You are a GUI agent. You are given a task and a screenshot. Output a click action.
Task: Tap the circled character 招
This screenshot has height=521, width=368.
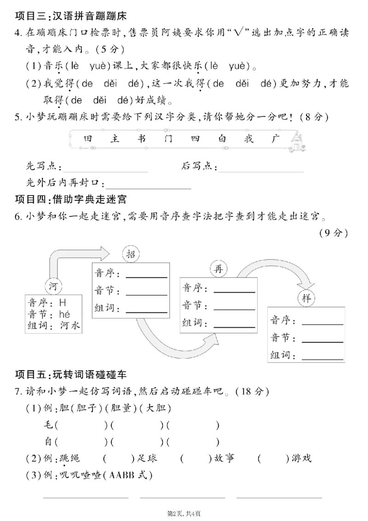(x=130, y=255)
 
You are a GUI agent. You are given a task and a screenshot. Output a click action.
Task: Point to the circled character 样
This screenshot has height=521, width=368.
(x=306, y=297)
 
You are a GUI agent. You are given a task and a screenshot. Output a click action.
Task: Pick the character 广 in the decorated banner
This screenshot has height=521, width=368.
(x=275, y=139)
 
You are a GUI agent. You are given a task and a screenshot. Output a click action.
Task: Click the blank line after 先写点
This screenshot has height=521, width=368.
(x=106, y=171)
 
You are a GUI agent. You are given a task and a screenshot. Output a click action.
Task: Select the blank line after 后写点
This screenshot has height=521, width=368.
(x=261, y=171)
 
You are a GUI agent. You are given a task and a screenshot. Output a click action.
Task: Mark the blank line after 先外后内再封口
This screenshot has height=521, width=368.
(x=148, y=188)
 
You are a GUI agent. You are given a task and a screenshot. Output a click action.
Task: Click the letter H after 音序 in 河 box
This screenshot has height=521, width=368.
(x=63, y=302)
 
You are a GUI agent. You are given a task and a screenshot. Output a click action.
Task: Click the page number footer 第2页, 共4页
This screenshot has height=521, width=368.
(x=184, y=513)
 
